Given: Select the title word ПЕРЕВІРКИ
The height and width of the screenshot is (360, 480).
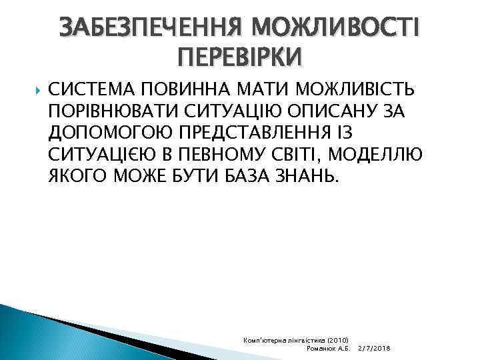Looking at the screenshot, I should tap(240, 57).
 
